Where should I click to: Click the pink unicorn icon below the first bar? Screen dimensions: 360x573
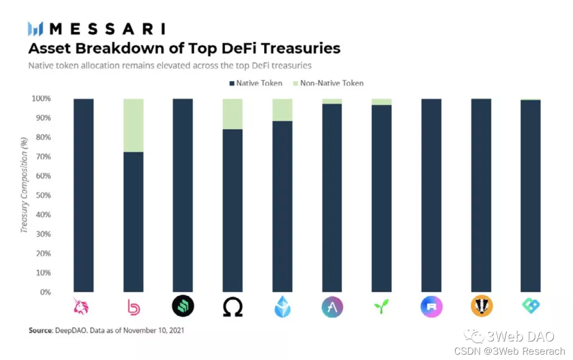83,306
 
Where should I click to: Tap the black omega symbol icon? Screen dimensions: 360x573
232,306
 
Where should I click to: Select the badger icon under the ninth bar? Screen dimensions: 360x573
481,306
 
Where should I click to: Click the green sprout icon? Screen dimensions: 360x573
381,306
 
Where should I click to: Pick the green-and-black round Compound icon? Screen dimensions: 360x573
183,306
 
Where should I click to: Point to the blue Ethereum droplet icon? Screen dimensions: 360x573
282,306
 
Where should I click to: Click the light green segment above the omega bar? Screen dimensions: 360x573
232,114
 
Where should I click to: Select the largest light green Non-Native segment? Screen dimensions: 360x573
133,125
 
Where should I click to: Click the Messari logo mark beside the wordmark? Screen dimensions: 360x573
36,29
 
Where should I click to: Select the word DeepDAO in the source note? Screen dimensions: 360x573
68,330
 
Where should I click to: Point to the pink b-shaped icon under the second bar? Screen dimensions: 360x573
133,306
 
